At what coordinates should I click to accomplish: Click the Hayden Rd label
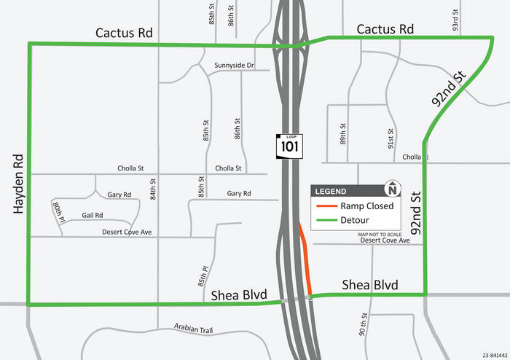coord(18,184)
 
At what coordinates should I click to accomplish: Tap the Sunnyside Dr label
coord(234,66)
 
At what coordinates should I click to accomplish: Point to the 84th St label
coord(153,189)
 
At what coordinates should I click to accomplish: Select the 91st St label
coord(391,135)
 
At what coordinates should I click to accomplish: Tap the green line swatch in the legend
coord(324,220)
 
